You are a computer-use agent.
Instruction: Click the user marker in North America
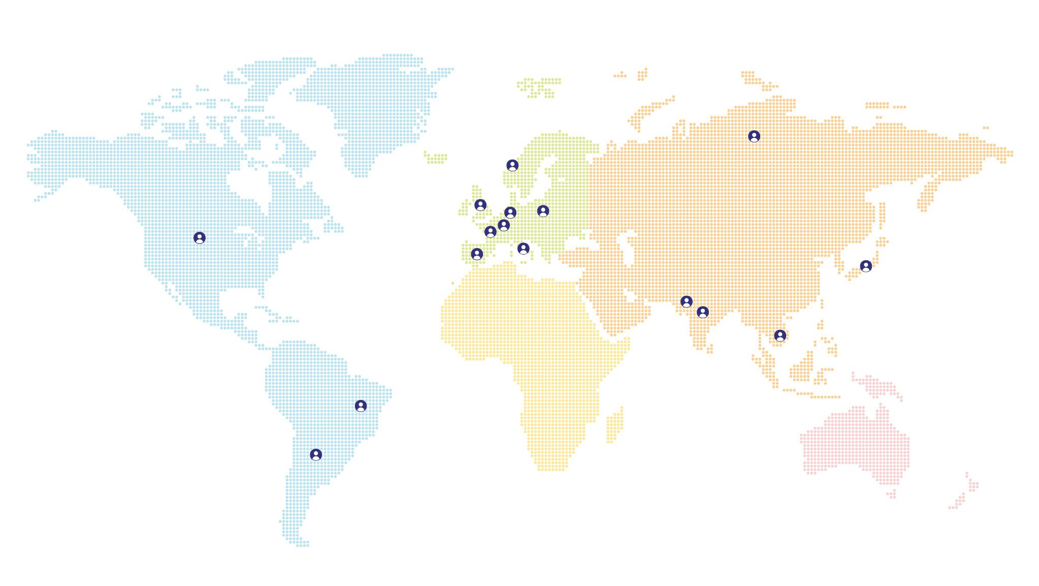(x=200, y=238)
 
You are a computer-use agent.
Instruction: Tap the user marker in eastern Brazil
(x=361, y=406)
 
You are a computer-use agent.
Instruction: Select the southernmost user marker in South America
(x=316, y=454)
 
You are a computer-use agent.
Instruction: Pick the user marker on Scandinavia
(x=512, y=165)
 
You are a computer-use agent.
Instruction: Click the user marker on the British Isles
(x=480, y=205)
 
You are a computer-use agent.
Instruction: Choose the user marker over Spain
(x=477, y=254)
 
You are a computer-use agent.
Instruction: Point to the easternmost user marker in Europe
(x=543, y=211)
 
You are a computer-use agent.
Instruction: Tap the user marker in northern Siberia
(x=754, y=136)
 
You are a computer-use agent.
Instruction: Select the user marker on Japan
(x=866, y=266)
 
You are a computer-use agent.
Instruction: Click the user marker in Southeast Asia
(x=780, y=335)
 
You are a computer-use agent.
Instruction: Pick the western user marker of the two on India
(x=687, y=301)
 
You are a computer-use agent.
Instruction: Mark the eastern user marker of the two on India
(x=703, y=312)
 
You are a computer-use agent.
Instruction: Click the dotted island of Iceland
(x=436, y=158)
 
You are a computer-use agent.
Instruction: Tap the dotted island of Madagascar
(x=615, y=425)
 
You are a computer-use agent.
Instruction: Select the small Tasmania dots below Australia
(x=891, y=494)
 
